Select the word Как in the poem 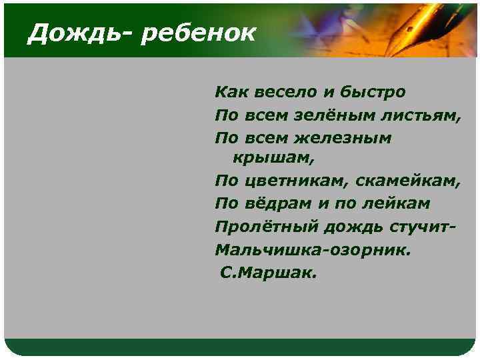click(228, 91)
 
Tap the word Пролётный click(267, 227)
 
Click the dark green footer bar click(240, 347)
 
